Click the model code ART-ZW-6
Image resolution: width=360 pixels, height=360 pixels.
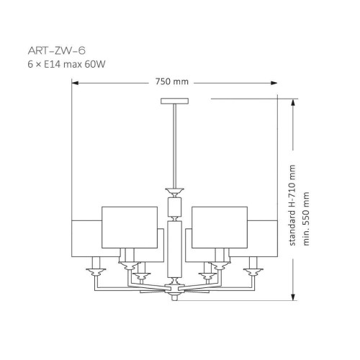click(57, 50)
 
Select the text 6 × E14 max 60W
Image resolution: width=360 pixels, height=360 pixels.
click(66, 64)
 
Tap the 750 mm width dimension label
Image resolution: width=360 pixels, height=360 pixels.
click(172, 81)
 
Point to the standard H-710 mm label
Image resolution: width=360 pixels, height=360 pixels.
click(292, 205)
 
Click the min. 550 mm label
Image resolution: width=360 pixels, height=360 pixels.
click(306, 219)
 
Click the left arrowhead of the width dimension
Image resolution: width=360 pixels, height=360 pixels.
click(75, 83)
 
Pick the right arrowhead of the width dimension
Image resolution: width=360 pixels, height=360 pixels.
click(274, 83)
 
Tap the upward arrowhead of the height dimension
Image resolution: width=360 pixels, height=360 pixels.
click(293, 102)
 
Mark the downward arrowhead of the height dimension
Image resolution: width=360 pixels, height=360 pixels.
click(293, 297)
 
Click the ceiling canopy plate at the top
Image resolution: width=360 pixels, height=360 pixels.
click(174, 101)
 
